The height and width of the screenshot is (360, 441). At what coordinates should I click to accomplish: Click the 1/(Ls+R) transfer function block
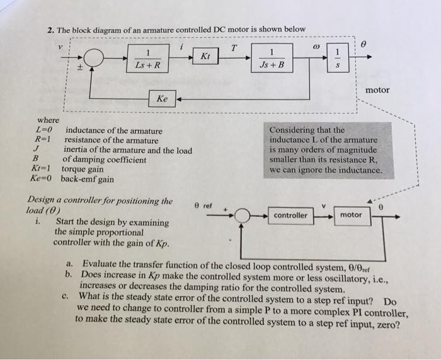tap(148, 58)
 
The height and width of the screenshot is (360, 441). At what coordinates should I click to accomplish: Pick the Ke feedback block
tap(162, 99)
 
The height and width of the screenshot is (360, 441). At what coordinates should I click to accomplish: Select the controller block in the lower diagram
tap(290, 215)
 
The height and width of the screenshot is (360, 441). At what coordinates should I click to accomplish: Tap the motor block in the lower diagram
tap(351, 215)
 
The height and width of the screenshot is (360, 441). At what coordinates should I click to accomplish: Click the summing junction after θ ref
tap(241, 216)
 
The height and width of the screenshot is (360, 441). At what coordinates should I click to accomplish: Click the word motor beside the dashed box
tap(377, 90)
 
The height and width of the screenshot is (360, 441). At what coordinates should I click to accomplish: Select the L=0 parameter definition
tap(43, 131)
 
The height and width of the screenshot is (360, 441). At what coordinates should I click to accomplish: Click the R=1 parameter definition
tap(43, 140)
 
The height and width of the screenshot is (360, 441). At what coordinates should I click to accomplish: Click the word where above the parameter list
tap(48, 120)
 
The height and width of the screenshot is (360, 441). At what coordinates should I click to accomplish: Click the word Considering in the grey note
tap(294, 130)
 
